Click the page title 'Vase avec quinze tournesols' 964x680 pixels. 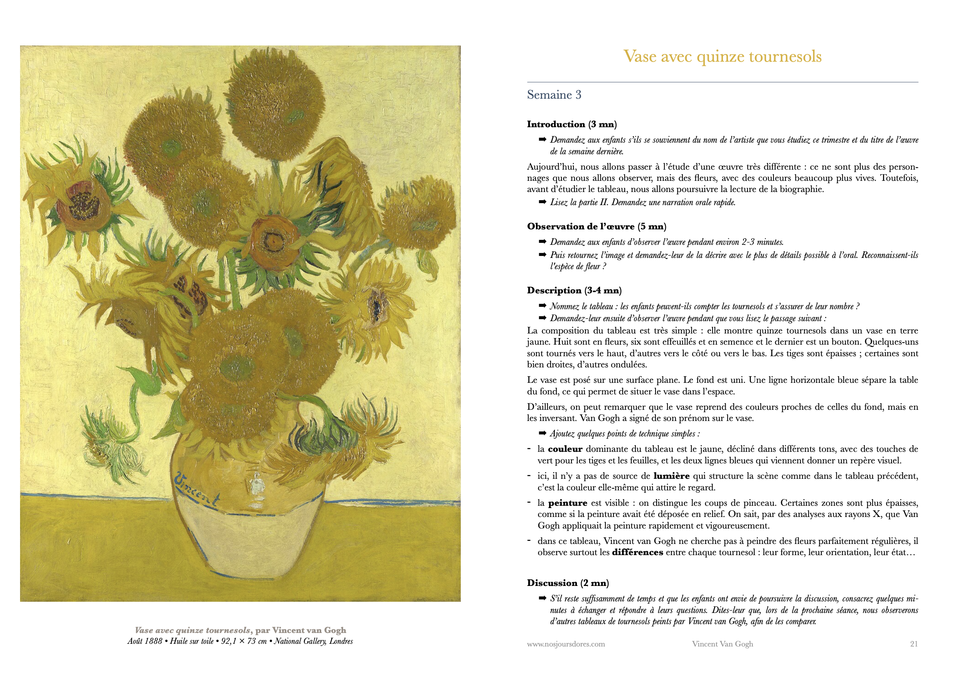coord(722,57)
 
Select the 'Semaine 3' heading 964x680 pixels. coord(554,95)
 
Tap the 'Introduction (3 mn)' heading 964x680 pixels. coord(571,124)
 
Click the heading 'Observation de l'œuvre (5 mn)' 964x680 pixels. coord(596,227)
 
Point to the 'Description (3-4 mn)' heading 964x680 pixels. coord(574,291)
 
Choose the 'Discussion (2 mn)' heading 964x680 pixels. coord(568,583)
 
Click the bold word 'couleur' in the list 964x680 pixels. coord(565,449)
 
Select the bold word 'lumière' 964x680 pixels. coord(671,476)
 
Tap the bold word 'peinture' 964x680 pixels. coord(568,503)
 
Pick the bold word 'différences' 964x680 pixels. coord(637,552)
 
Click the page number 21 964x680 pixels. coord(913,644)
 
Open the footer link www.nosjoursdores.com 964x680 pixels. coord(566,644)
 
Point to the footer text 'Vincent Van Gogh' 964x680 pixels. coord(722,644)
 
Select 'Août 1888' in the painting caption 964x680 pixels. coord(145,641)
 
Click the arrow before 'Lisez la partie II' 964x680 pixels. coord(543,202)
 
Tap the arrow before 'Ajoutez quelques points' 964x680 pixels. coord(543,433)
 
